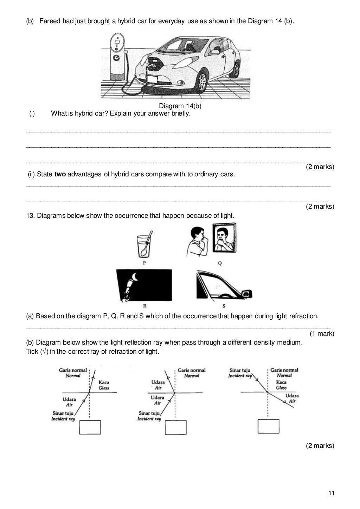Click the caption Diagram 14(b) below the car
tap(180, 106)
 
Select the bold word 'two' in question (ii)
tap(60, 174)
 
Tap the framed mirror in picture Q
tap(224, 238)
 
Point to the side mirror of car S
tap(247, 293)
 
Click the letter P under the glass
tap(144, 263)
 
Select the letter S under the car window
tap(224, 306)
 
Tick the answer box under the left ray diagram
tap(90, 427)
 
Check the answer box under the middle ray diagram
tap(175, 428)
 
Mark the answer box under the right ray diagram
tap(268, 426)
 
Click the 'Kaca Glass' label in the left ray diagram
tap(104, 385)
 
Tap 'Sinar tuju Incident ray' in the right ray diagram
tap(240, 373)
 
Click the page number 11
tap(331, 494)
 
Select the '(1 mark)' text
tap(322, 333)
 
